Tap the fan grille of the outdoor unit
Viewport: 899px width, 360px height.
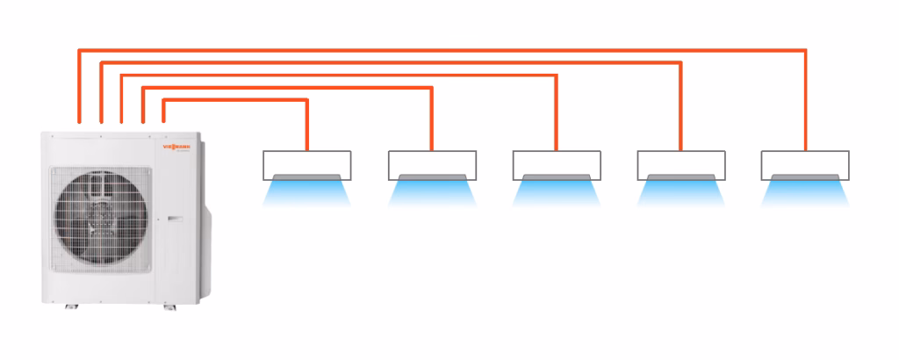click(97, 216)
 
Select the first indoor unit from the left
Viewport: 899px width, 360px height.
click(307, 163)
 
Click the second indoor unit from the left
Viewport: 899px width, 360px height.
click(432, 163)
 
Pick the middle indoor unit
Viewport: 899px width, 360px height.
click(557, 163)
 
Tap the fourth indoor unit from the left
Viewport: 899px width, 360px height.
click(680, 163)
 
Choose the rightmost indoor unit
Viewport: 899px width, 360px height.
click(805, 163)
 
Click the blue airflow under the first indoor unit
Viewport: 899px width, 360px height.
click(307, 191)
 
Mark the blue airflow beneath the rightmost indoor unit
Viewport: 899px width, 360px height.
click(805, 191)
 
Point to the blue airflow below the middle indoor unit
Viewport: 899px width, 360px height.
click(557, 191)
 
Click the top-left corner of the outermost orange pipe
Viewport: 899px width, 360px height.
click(80, 51)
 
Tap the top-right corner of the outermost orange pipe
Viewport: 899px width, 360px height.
click(805, 51)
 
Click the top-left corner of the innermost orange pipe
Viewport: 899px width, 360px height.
click(164, 101)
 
